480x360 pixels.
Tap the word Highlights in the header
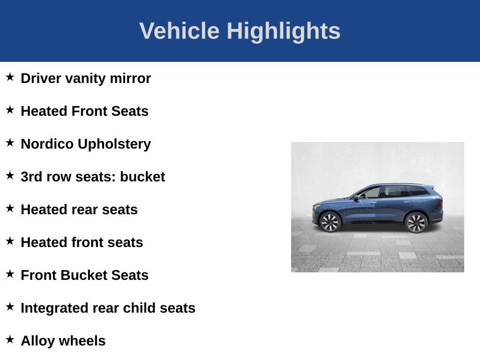point(284,31)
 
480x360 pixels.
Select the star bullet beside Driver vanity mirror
point(10,77)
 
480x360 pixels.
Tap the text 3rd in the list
point(30,177)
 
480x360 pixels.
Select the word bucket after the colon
point(142,177)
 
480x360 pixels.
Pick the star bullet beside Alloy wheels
point(10,339)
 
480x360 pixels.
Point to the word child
point(140,308)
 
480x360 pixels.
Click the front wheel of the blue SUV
point(330,222)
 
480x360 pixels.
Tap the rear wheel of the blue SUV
point(416,222)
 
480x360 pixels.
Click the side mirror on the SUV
point(356,198)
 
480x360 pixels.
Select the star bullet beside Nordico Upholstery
point(10,142)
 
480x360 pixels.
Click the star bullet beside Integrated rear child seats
point(10,307)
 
